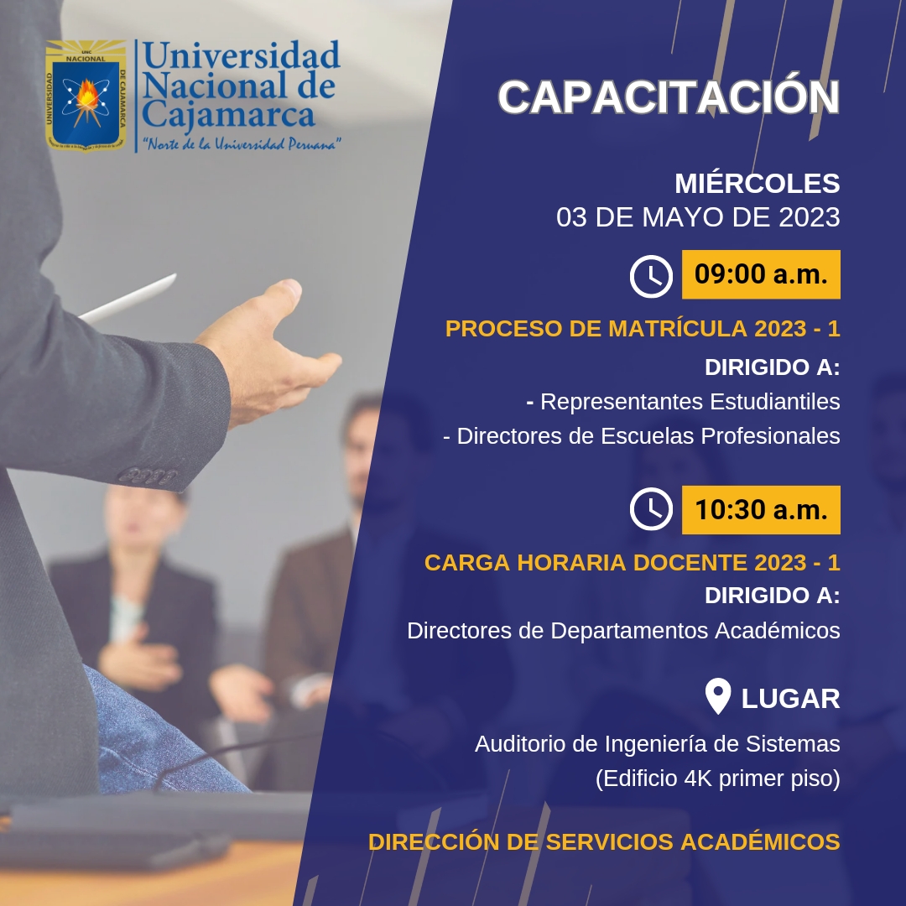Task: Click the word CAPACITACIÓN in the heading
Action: coord(669,96)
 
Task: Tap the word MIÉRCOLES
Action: coord(757,183)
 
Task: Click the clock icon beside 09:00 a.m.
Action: coord(651,276)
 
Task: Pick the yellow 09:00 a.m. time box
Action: coord(761,274)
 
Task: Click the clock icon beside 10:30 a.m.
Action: coord(651,509)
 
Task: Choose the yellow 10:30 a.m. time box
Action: coord(761,510)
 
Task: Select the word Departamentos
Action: coord(629,630)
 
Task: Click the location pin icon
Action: coord(718,695)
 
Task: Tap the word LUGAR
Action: coord(790,699)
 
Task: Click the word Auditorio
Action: coord(521,744)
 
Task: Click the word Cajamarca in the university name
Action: coord(228,114)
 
